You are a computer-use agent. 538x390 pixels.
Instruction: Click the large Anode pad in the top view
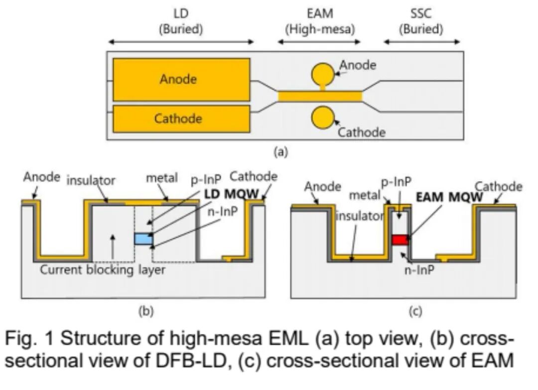[x=181, y=80]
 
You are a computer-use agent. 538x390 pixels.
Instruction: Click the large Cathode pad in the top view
[x=181, y=119]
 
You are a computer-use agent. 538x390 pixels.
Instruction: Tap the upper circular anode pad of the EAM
[x=322, y=74]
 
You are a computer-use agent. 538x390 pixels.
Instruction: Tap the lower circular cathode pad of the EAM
[x=322, y=118]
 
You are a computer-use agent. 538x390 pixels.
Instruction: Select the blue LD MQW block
[x=143, y=239]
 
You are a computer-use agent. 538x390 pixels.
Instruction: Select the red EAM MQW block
[x=400, y=240]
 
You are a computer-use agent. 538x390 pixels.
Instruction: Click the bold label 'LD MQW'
[x=231, y=194]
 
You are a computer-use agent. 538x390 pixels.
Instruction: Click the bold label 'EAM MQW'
[x=449, y=197]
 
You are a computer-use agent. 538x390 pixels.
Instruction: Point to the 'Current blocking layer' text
[x=103, y=270]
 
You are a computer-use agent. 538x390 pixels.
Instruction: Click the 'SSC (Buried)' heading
[x=421, y=21]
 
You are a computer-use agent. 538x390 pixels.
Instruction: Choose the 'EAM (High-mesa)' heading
[x=320, y=21]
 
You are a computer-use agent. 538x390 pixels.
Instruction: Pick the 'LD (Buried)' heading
[x=181, y=21]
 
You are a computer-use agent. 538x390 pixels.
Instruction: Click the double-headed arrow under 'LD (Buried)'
[x=181, y=42]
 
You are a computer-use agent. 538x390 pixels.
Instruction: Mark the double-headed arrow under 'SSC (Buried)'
[x=422, y=42]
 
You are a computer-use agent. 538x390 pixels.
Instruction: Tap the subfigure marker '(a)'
[x=280, y=151]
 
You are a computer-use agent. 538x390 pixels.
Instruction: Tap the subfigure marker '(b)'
[x=146, y=311]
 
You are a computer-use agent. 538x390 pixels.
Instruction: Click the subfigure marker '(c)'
[x=415, y=311]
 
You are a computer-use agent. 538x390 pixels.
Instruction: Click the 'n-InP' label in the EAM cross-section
[x=419, y=270]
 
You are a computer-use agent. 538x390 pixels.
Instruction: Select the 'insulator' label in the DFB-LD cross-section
[x=91, y=180]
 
